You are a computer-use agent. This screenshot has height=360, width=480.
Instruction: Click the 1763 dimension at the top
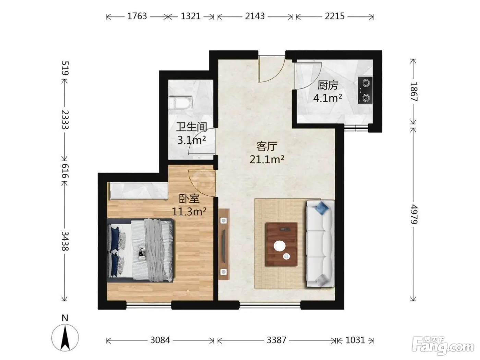[137, 16]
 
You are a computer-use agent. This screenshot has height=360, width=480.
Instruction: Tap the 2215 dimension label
[335, 16]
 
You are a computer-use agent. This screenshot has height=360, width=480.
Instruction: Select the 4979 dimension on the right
[413, 214]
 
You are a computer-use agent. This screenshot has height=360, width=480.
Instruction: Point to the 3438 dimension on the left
[65, 241]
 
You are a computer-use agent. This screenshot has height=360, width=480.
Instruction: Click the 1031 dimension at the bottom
[355, 340]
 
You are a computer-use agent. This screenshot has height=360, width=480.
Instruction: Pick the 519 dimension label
[65, 68]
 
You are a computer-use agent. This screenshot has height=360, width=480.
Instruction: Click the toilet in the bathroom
[180, 103]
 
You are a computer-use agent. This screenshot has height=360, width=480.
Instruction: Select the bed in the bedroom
[140, 251]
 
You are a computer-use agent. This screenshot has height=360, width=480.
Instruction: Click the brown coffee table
[281, 244]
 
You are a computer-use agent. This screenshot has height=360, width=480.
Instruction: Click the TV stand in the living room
[224, 244]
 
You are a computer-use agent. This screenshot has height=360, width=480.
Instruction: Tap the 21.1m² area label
[267, 159]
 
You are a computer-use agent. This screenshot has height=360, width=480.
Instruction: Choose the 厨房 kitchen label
[327, 85]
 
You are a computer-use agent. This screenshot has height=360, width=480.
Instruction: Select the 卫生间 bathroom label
[192, 127]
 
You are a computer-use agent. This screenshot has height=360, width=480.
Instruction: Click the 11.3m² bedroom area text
[189, 211]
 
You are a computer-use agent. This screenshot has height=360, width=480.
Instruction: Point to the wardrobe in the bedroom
[139, 191]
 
